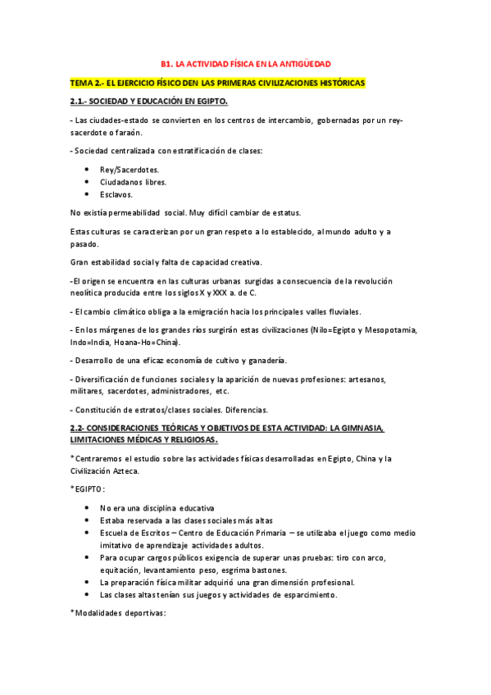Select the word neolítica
(x=89, y=293)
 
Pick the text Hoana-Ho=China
(x=148, y=342)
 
